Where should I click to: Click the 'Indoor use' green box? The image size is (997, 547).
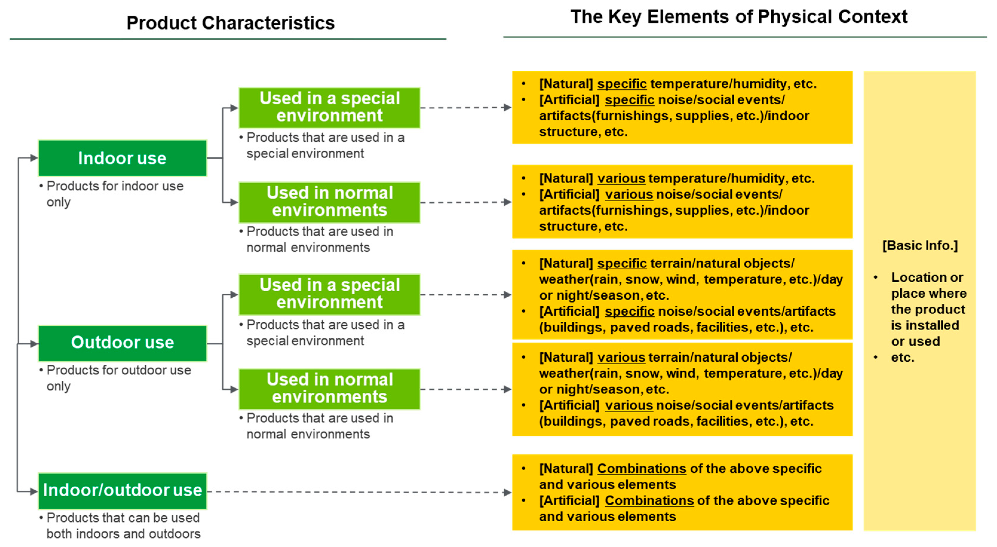122,158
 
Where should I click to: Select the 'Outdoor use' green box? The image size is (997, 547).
122,343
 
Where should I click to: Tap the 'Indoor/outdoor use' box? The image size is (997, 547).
122,491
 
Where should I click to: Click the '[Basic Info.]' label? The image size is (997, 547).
920,245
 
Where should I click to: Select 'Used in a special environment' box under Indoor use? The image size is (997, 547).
329,107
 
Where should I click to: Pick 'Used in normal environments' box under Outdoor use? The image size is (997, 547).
329,389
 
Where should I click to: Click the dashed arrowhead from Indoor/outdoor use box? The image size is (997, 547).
507,492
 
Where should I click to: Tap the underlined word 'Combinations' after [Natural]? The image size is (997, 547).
641,469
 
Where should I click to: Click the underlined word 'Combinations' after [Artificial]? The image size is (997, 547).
649,500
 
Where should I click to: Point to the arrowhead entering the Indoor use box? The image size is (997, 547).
34,158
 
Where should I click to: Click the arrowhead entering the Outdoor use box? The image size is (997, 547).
34,343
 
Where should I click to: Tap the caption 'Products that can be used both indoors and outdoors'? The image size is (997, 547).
120,526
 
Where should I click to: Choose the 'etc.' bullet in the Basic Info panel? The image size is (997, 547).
903,358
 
